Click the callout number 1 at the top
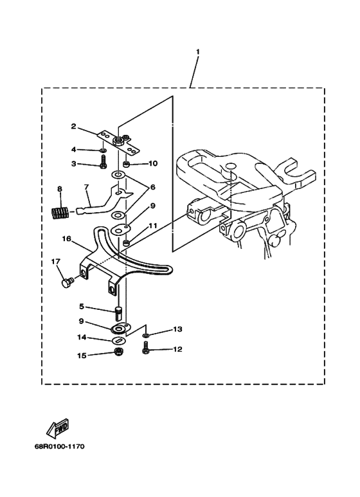pos(198,51)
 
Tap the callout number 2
pos(73,127)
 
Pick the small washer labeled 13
pos(145,335)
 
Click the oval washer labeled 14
pos(118,341)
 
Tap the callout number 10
pos(153,163)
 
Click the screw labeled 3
pos(103,162)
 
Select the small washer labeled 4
pos(104,150)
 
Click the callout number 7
pos(86,187)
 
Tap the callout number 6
pos(153,187)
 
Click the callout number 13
pos(177,329)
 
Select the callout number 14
pos(82,338)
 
